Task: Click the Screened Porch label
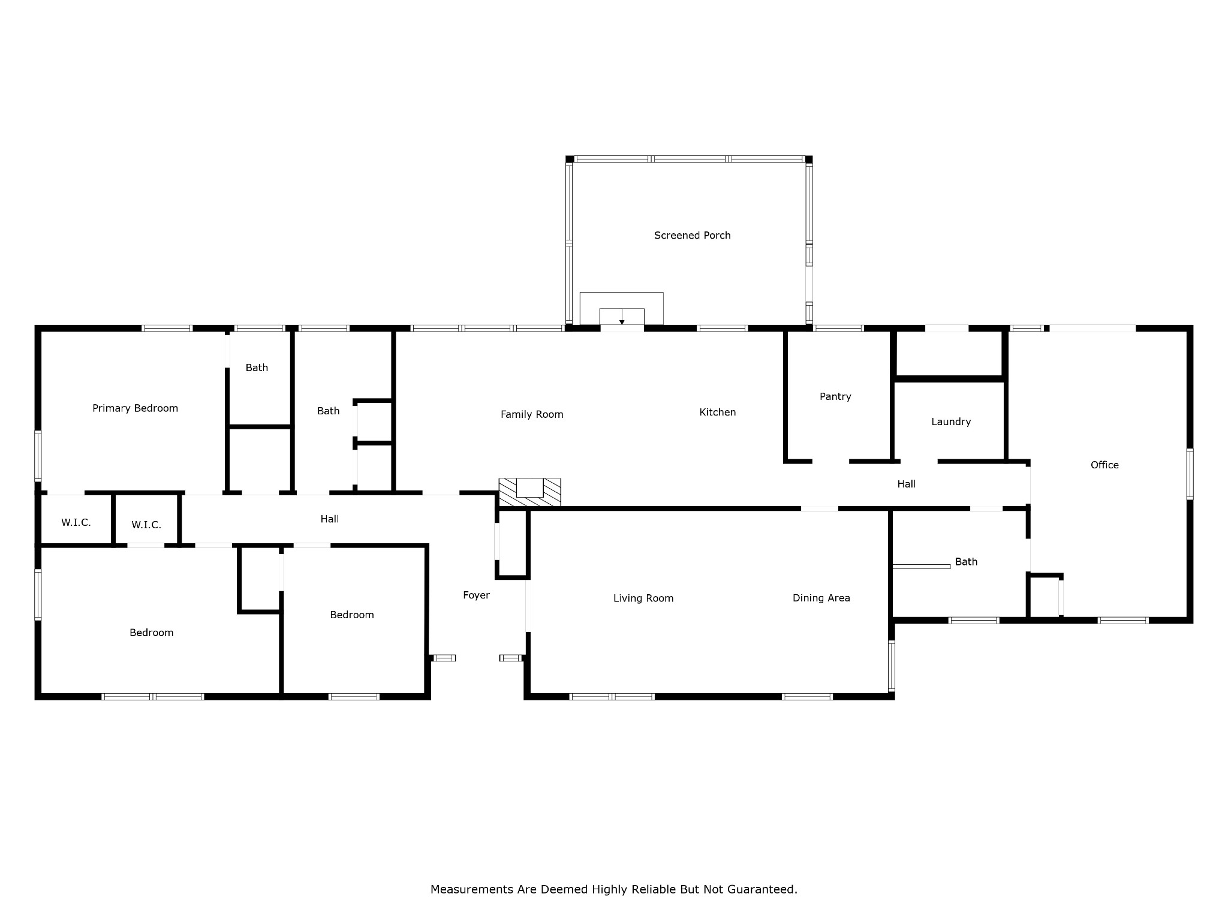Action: point(692,236)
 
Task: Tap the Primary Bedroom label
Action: point(135,408)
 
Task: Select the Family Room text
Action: point(532,414)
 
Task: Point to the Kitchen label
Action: point(718,412)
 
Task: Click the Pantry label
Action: point(835,396)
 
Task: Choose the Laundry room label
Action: point(951,422)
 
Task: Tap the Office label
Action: point(1104,465)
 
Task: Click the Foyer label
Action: point(476,595)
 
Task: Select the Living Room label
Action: point(643,598)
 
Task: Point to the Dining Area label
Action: point(821,598)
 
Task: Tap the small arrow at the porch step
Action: point(622,322)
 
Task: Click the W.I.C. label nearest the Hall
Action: point(146,525)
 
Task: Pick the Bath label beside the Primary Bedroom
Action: point(257,368)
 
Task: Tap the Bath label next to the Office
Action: point(966,562)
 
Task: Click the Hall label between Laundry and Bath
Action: point(906,484)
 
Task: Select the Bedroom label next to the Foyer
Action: point(352,615)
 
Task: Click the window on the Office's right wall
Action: point(1190,474)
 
